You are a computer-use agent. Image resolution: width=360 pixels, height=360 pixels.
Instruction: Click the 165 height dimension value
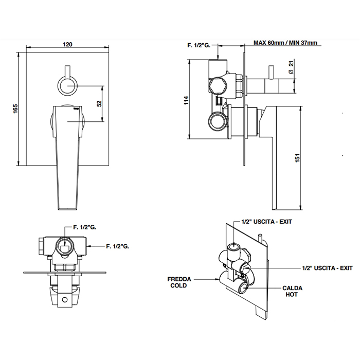pos(16,109)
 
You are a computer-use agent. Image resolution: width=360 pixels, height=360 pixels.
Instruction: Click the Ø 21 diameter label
pos(291,68)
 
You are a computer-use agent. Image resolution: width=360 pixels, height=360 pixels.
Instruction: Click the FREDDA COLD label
pos(179,282)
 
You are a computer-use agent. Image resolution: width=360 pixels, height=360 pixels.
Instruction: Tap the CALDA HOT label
pos(292,292)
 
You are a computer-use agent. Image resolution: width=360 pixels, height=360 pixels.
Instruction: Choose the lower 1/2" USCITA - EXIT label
pos(327,268)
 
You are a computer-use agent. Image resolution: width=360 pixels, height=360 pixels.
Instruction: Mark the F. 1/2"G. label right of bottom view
pos(117,246)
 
